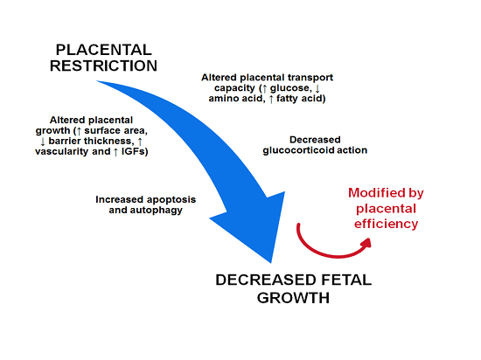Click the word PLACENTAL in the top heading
(104, 50)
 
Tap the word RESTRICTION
(103, 66)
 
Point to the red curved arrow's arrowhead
(366, 243)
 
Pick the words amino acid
(235, 99)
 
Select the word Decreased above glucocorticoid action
(315, 140)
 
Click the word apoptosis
(171, 200)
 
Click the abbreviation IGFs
(133, 151)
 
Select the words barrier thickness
(91, 141)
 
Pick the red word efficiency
(386, 224)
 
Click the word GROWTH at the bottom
(293, 297)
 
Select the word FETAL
(346, 280)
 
